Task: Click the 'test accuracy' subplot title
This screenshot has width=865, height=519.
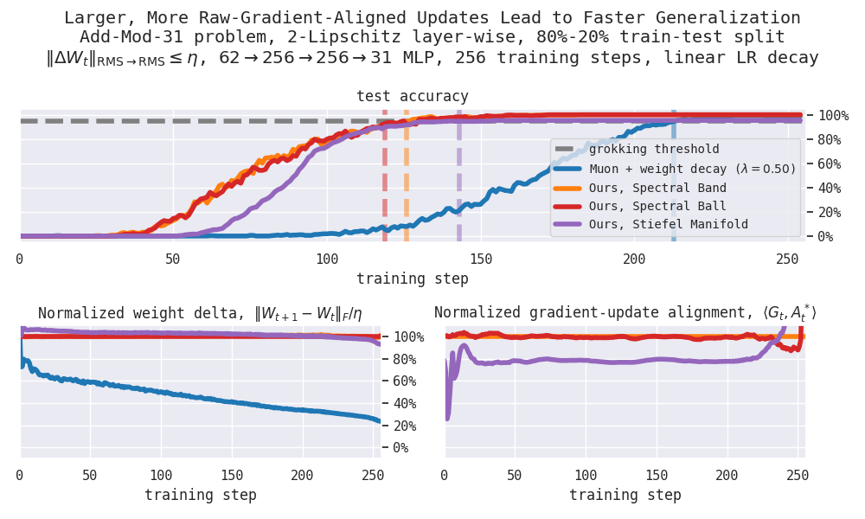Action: pyautogui.click(x=413, y=96)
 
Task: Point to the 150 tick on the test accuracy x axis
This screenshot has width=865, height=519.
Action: pyautogui.click(x=481, y=259)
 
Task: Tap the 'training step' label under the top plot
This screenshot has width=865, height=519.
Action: pyautogui.click(x=413, y=279)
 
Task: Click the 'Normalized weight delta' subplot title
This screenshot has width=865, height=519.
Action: pyautogui.click(x=200, y=313)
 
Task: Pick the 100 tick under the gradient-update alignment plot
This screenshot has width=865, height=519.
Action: pyautogui.click(x=586, y=476)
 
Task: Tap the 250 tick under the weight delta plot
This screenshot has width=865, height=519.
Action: pyautogui.click(x=374, y=476)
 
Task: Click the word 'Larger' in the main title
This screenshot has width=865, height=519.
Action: pyautogui.click(x=92, y=17)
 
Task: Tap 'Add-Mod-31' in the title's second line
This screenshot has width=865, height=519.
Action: pyautogui.click(x=122, y=37)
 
